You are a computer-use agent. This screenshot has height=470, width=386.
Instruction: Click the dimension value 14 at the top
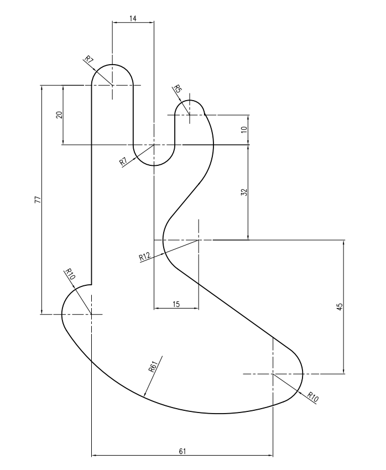point(133,18)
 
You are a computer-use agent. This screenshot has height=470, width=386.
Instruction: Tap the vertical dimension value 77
point(38,200)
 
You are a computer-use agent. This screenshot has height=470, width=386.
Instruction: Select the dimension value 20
point(59,115)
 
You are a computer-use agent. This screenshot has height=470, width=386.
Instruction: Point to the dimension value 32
point(244,192)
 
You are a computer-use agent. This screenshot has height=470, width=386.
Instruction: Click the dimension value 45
point(340,307)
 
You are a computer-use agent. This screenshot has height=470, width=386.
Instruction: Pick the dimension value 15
point(176,304)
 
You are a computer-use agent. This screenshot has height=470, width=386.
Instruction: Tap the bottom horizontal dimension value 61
point(182,451)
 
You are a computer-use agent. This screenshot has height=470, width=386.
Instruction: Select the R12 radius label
point(144,257)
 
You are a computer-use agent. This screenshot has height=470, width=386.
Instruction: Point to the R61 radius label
point(153,367)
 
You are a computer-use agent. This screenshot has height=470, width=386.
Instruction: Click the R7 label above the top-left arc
point(89,59)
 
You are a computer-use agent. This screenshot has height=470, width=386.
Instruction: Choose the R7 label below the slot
point(123,162)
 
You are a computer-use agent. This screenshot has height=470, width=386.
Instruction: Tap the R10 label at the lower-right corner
point(312,397)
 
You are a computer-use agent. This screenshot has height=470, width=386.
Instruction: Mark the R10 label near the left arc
point(70,274)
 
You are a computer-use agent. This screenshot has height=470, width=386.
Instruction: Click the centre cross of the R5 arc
point(189,114)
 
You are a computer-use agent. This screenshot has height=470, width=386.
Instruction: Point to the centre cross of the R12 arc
point(199,240)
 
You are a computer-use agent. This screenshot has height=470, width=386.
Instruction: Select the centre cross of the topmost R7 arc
point(112,85)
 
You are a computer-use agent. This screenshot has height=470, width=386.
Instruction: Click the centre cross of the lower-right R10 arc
point(273,374)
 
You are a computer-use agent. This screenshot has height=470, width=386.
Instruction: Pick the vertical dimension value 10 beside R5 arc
point(244,129)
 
